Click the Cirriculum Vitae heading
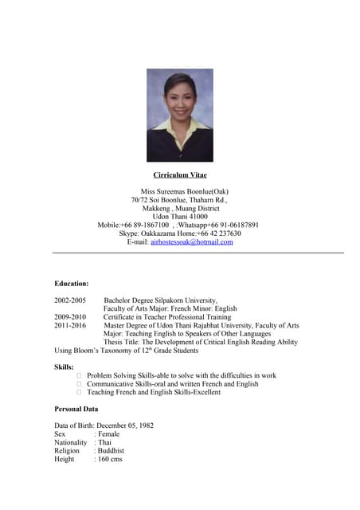[x=180, y=175]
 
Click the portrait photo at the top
[x=179, y=116]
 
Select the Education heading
[x=72, y=283]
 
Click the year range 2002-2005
[x=70, y=300]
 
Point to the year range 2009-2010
[x=70, y=317]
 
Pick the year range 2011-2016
[x=70, y=325]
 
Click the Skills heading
[x=64, y=367]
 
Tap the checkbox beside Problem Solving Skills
[x=79, y=375]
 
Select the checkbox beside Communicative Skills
[x=79, y=384]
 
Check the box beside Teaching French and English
[x=79, y=392]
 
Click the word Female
[x=108, y=434]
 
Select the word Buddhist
[x=112, y=451]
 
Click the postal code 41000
[x=193, y=216]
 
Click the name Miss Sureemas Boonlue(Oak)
[x=180, y=192]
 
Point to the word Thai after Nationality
[x=104, y=442]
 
